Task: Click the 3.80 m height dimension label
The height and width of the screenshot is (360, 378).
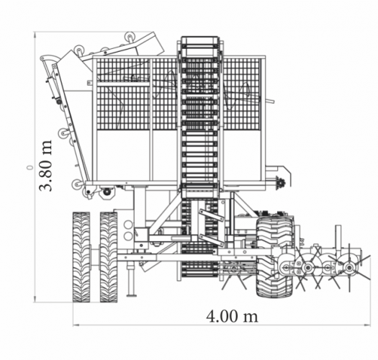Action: [x=45, y=166]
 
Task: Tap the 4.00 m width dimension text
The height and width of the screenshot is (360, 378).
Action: [x=232, y=316]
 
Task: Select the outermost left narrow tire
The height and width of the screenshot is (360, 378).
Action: [x=81, y=257]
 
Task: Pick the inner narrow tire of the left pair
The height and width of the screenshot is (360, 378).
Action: [x=109, y=257]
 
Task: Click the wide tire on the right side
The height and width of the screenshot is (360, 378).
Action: [x=274, y=257]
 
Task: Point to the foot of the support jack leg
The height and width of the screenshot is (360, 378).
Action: [x=131, y=295]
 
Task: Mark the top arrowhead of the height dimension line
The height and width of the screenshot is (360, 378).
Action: [x=35, y=35]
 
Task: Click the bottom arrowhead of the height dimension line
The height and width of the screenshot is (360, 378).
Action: [x=35, y=299]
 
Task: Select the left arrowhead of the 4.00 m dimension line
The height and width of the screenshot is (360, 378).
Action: [x=76, y=325]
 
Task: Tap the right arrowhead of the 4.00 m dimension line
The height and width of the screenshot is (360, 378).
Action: [x=367, y=325]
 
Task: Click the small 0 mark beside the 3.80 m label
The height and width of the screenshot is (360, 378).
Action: [x=30, y=167]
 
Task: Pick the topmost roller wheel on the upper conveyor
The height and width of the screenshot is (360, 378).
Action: [x=130, y=37]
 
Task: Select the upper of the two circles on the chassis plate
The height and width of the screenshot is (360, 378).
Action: [x=128, y=225]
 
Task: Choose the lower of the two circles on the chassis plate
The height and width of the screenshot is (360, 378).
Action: [x=128, y=236]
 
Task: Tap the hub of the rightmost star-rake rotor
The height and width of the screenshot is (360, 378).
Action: [x=348, y=267]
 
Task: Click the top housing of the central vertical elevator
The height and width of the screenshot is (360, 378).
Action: [x=200, y=44]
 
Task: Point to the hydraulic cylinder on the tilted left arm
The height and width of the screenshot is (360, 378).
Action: [x=53, y=89]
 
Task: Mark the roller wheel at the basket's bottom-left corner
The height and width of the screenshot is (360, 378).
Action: [x=77, y=184]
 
